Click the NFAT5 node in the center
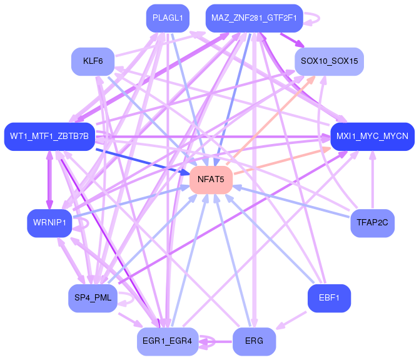tap(211, 180)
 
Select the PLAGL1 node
tap(168, 18)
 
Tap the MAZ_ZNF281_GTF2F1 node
tap(254, 18)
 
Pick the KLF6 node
tap(93, 61)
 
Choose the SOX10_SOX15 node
tap(329, 61)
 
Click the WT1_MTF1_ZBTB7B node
tap(49, 136)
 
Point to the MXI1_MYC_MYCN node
tap(372, 136)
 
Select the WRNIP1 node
tap(49, 222)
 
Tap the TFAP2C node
tap(372, 222)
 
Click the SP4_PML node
tap(93, 297)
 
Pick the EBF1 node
tap(329, 297)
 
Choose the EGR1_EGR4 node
tap(168, 341)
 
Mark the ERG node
tap(254, 341)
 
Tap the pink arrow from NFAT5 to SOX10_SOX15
tap(270, 120)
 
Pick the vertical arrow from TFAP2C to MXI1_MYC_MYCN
tap(373, 180)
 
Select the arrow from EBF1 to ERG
tap(291, 321)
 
